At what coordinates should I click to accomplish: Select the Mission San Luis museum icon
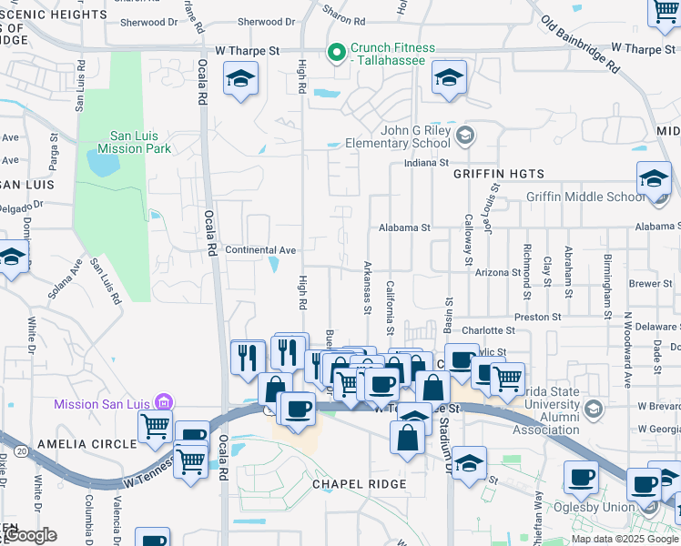(163, 402)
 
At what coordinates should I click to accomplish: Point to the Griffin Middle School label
(584, 197)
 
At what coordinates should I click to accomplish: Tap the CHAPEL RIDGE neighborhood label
(360, 484)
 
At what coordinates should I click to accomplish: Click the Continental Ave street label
(260, 250)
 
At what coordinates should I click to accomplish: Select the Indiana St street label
(429, 164)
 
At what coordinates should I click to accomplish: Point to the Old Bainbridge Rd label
(579, 43)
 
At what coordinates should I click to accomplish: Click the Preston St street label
(537, 317)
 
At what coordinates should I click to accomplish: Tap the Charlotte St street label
(487, 330)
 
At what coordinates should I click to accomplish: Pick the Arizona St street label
(496, 272)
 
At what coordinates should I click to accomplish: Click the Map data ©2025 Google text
(624, 539)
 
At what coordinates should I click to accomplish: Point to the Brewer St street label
(650, 284)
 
